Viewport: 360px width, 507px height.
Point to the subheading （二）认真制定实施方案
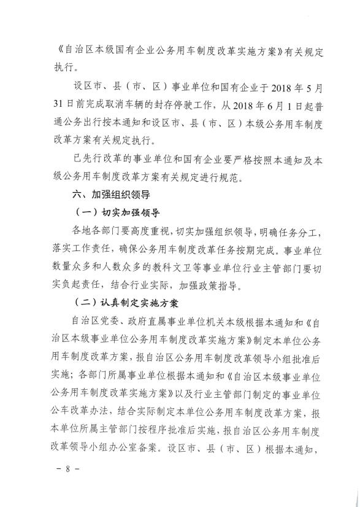tap(124, 303)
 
